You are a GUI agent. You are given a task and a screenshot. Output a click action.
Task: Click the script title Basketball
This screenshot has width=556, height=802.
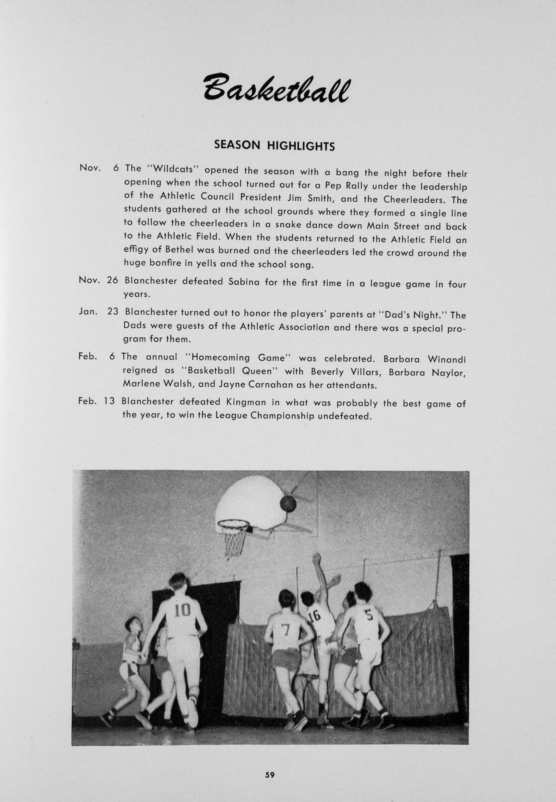276,87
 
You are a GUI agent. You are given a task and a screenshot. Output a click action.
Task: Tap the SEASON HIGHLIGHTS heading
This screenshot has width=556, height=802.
274,145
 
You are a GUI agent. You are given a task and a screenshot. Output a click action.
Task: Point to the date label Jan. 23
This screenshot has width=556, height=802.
99,311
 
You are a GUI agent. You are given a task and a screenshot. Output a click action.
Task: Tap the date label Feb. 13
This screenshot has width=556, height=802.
97,401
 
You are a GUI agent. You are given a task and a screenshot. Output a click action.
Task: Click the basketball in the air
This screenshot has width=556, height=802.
288,503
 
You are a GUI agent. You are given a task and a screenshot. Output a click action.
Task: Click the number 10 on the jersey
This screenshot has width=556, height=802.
182,611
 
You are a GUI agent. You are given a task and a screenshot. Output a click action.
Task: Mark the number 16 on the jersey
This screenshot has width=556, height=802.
315,615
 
